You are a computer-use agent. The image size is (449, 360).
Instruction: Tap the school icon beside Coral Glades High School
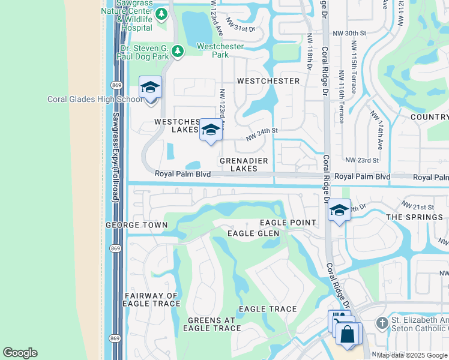pos(150,88)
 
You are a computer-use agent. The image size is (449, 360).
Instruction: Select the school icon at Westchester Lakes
pos(210,131)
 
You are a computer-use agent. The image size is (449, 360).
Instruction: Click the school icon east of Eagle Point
pos(339,211)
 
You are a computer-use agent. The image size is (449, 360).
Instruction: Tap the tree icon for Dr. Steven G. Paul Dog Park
pos(177,52)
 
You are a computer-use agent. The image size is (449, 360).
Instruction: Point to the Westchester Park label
pos(213,50)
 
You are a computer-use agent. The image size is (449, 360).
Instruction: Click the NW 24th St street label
pos(262,134)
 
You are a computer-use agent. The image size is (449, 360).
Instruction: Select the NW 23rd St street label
pos(362,160)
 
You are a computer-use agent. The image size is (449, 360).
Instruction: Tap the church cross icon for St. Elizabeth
pos(381,323)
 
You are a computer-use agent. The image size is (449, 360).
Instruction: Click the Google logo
pos(20,353)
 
